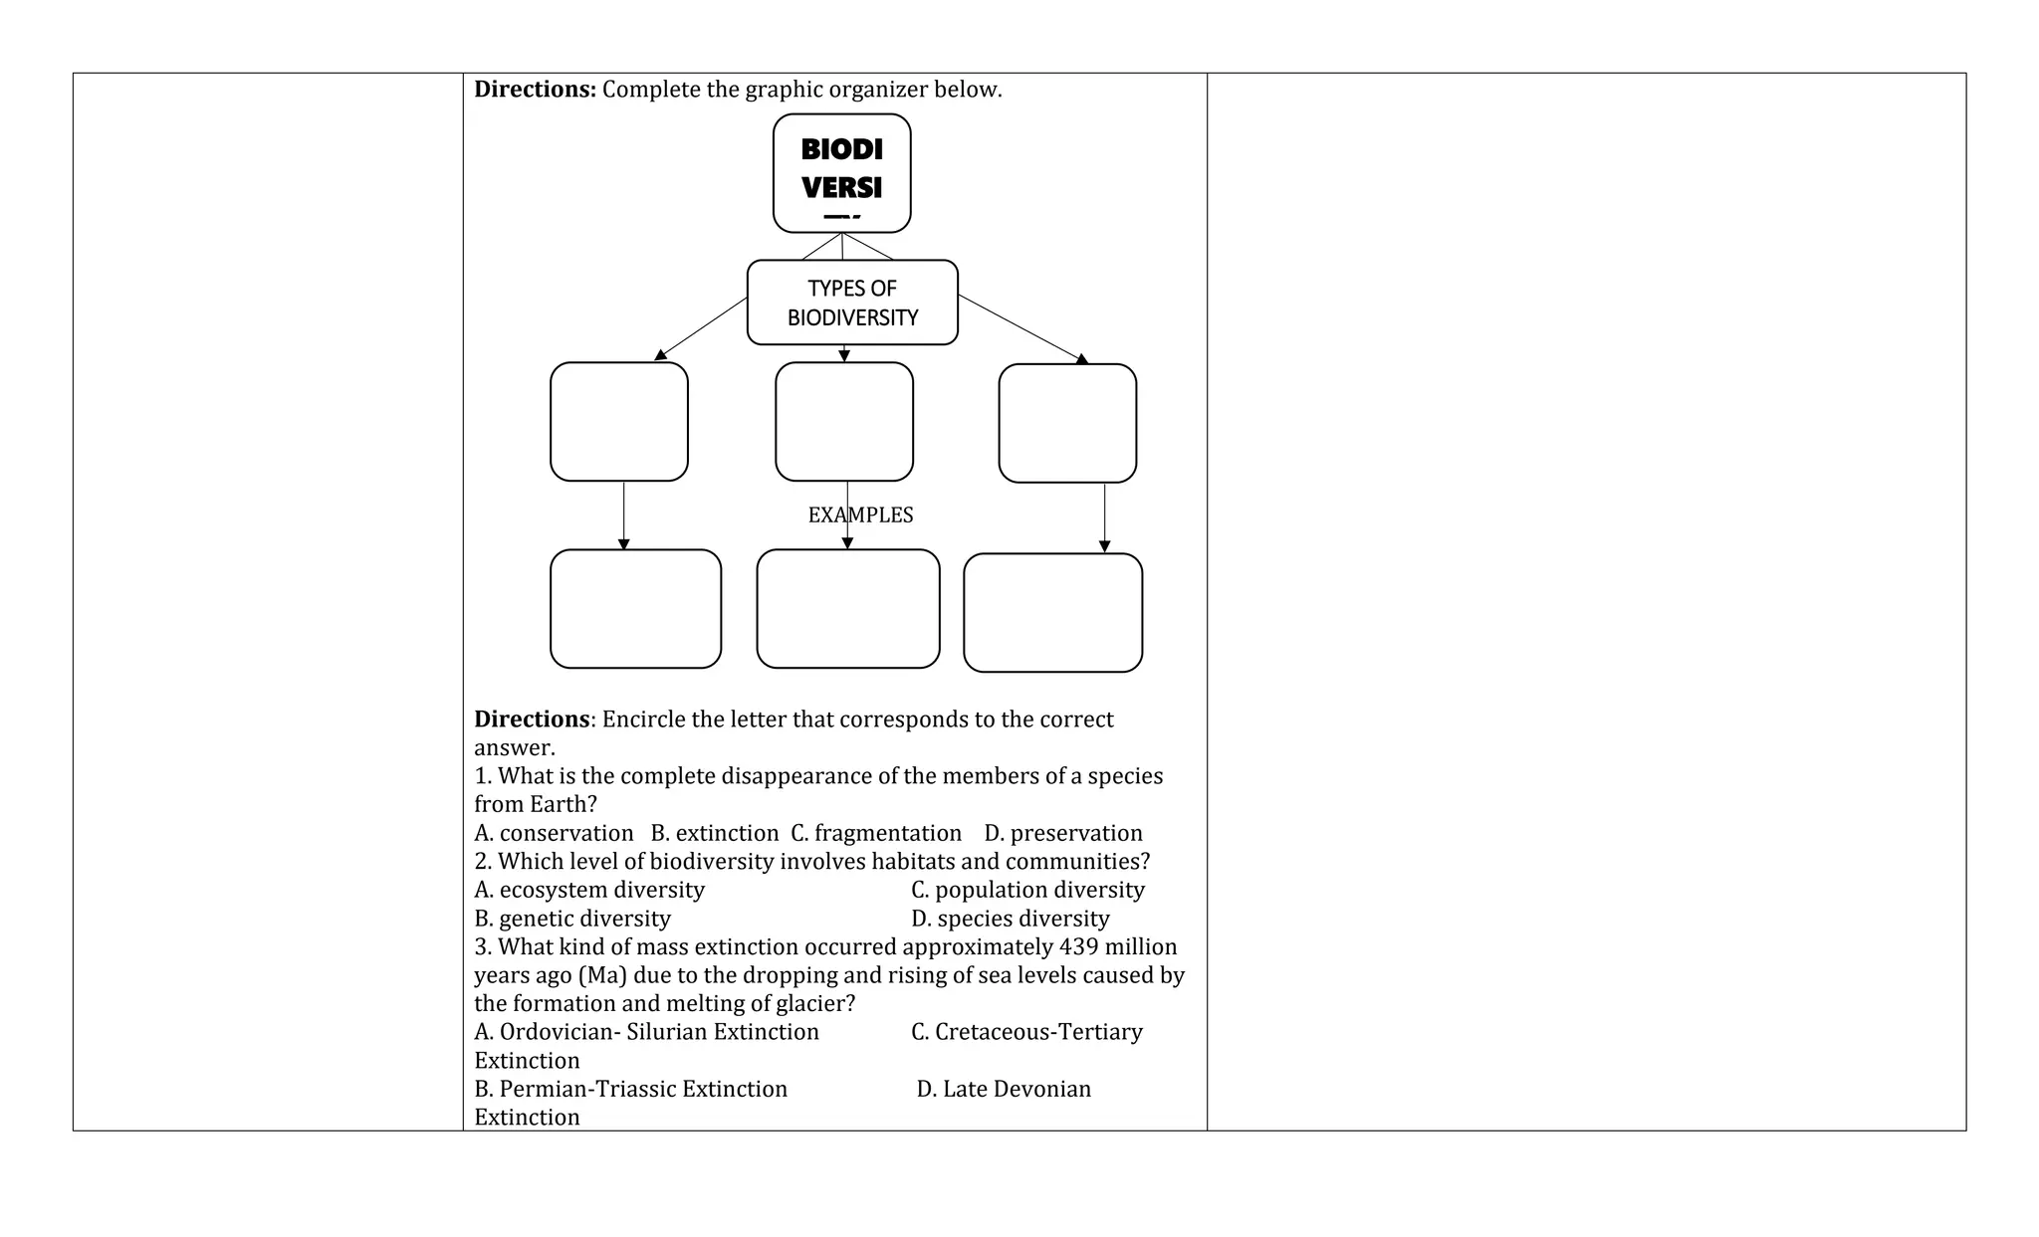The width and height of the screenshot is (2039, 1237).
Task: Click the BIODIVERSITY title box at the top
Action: pyautogui.click(x=841, y=172)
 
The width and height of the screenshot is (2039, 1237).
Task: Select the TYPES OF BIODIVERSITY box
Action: pyautogui.click(x=852, y=303)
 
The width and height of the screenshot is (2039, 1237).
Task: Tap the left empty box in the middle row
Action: pyautogui.click(x=618, y=421)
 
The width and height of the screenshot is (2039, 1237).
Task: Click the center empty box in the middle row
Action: pyautogui.click(x=843, y=421)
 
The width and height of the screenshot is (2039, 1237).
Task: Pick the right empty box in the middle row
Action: pyautogui.click(x=1067, y=423)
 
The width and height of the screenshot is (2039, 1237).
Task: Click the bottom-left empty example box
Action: pyautogui.click(x=635, y=608)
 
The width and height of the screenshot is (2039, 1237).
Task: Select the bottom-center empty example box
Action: pyautogui.click(x=847, y=608)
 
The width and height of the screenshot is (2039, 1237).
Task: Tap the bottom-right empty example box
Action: pyautogui.click(x=1052, y=612)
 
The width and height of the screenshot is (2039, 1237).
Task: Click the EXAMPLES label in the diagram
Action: pyautogui.click(x=860, y=515)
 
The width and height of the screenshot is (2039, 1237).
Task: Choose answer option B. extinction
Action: pyautogui.click(x=714, y=833)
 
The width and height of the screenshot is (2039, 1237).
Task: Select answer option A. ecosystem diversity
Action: pyautogui.click(x=589, y=890)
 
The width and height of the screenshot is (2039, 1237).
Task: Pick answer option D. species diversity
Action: pyautogui.click(x=1010, y=919)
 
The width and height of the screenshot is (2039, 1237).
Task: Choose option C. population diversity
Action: pyautogui.click(x=1027, y=890)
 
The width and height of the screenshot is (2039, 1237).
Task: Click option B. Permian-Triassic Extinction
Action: pyautogui.click(x=630, y=1089)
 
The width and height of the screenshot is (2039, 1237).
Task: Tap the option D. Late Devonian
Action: pyautogui.click(x=1004, y=1089)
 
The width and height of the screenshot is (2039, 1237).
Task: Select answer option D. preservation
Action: pyautogui.click(x=1063, y=833)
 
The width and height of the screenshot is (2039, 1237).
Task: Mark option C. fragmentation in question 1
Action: pyautogui.click(x=876, y=833)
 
